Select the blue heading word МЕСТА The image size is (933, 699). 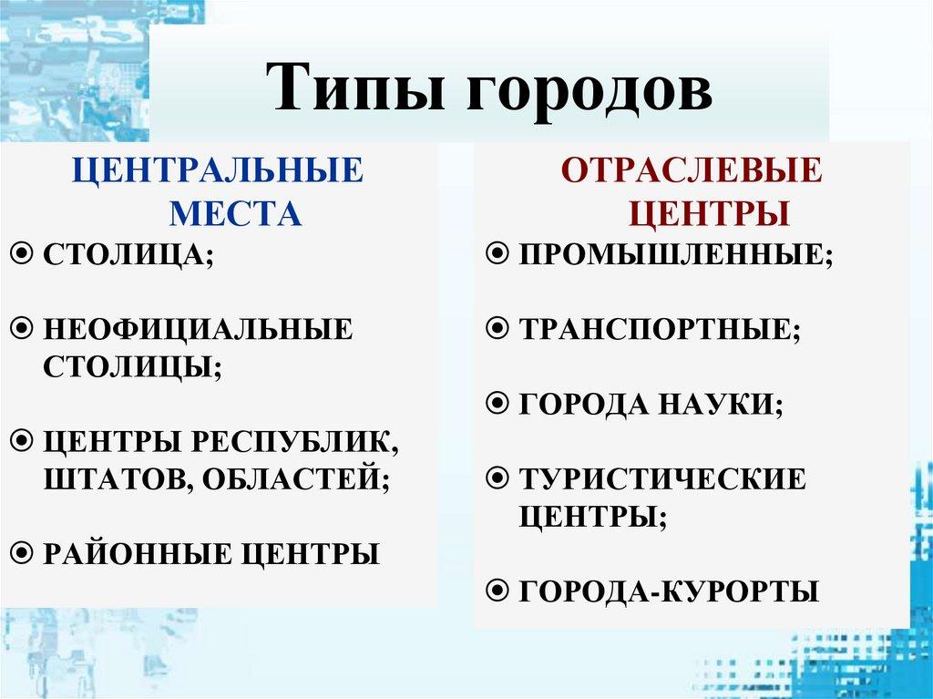coord(235,213)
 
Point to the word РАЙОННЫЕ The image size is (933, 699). coord(136,553)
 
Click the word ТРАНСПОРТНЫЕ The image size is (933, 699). coord(658,328)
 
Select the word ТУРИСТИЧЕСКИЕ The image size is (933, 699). coord(662,478)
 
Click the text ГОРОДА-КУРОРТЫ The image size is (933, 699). coord(669,591)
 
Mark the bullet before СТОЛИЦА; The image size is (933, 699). coord(26,254)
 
